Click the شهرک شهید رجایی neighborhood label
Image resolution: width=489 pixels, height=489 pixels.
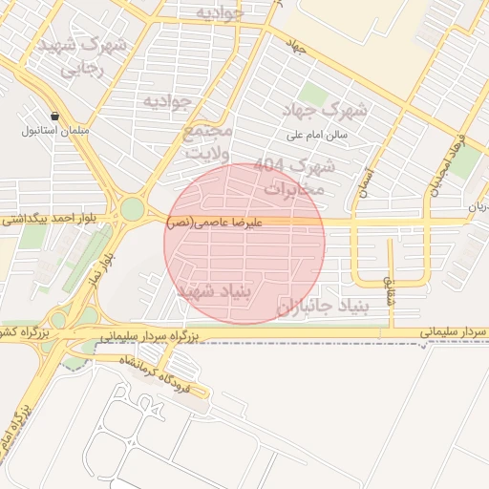coord(85,57)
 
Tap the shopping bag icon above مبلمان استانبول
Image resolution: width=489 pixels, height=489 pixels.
coord(56,115)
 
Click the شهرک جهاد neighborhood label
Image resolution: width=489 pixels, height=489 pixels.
coord(331,109)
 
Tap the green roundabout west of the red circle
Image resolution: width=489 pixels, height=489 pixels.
coord(133,208)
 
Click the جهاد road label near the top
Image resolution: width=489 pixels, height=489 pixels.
coord(294,44)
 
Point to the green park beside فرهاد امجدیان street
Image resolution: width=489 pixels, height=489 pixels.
coord(465,162)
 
